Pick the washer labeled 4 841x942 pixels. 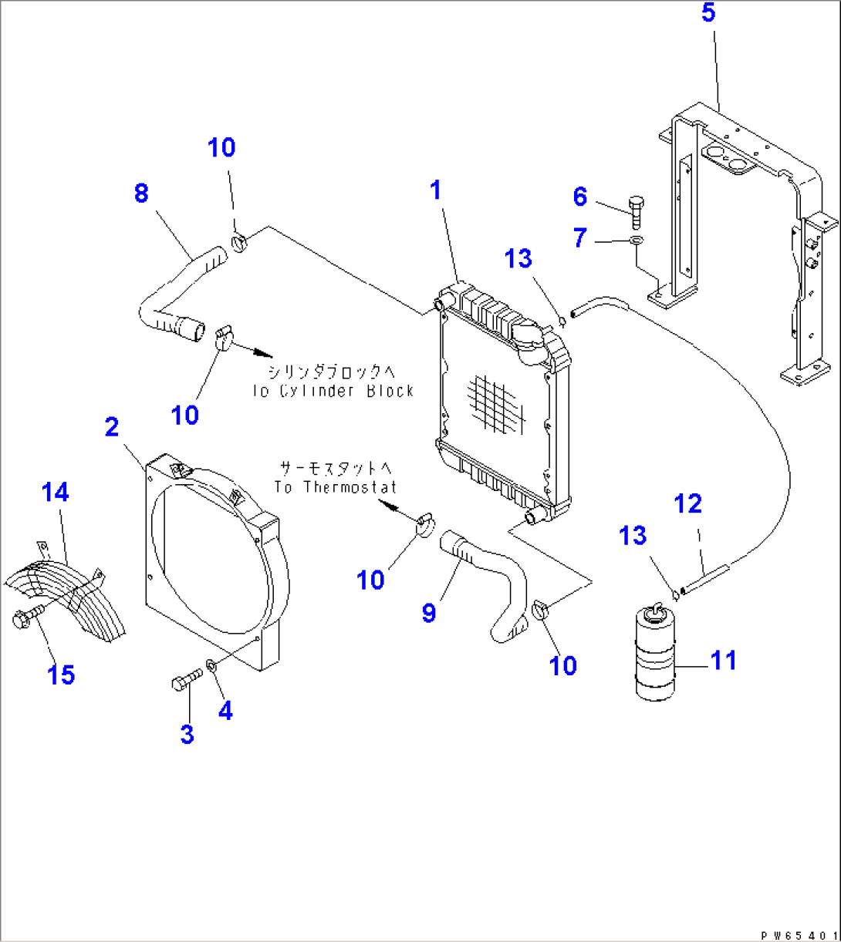[x=211, y=664]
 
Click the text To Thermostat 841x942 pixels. [x=335, y=486]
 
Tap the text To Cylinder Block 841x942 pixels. [x=333, y=390]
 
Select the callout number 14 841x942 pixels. [x=56, y=492]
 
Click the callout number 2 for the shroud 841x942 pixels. [x=112, y=427]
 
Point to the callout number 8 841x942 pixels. [x=140, y=193]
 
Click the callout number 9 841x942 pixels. [x=429, y=613]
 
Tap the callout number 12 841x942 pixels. [x=687, y=504]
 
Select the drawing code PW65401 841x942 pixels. [x=799, y=934]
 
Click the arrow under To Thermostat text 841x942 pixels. [x=390, y=508]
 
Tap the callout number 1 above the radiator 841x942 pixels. [x=436, y=190]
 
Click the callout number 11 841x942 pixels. [x=723, y=661]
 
